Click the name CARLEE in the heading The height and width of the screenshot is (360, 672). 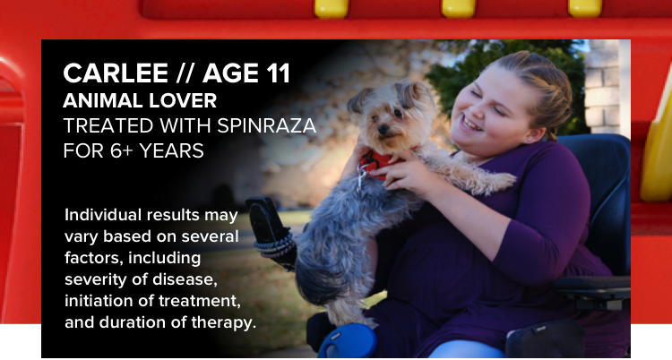pyautogui.click(x=116, y=73)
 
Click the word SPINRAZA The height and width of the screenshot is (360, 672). pyautogui.click(x=267, y=125)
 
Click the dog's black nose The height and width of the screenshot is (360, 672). pyautogui.click(x=383, y=129)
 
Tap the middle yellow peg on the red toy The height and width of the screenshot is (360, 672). pyautogui.click(x=458, y=8)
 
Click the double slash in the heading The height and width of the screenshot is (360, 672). pyautogui.click(x=185, y=73)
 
